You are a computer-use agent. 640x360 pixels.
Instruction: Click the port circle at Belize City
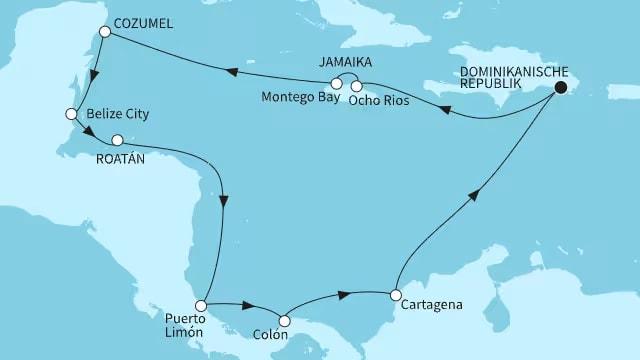point(71,114)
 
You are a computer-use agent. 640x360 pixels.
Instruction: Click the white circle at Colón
point(285,321)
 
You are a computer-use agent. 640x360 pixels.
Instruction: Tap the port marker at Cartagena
point(396,295)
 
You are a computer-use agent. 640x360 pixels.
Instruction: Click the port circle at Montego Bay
point(336,84)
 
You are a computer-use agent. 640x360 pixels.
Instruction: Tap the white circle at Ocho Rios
point(357,87)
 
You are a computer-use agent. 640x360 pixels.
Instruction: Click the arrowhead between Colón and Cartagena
point(344,294)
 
